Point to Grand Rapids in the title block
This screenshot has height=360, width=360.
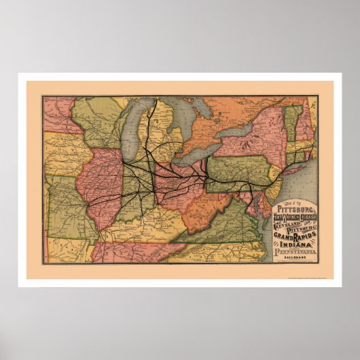[294, 239]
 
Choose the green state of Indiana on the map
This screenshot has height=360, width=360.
[136, 187]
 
